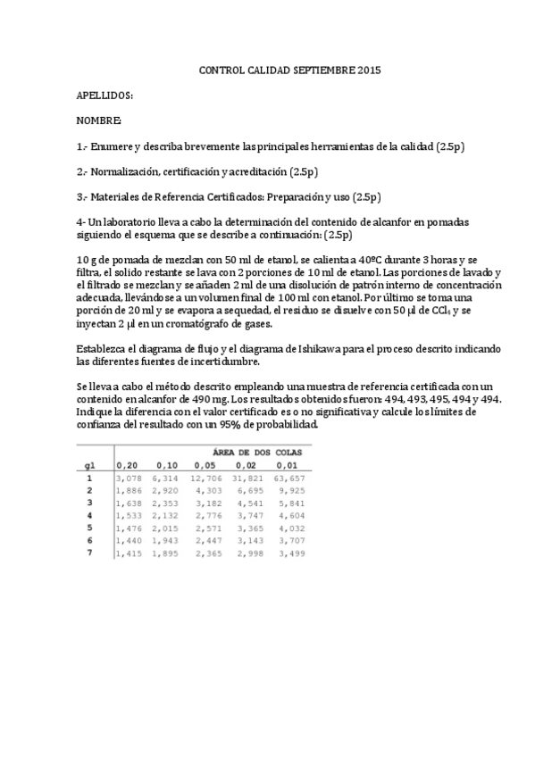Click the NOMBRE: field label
coord(98,120)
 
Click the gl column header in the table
coord(89,465)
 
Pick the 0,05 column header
coord(205,465)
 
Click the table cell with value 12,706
coord(205,478)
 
